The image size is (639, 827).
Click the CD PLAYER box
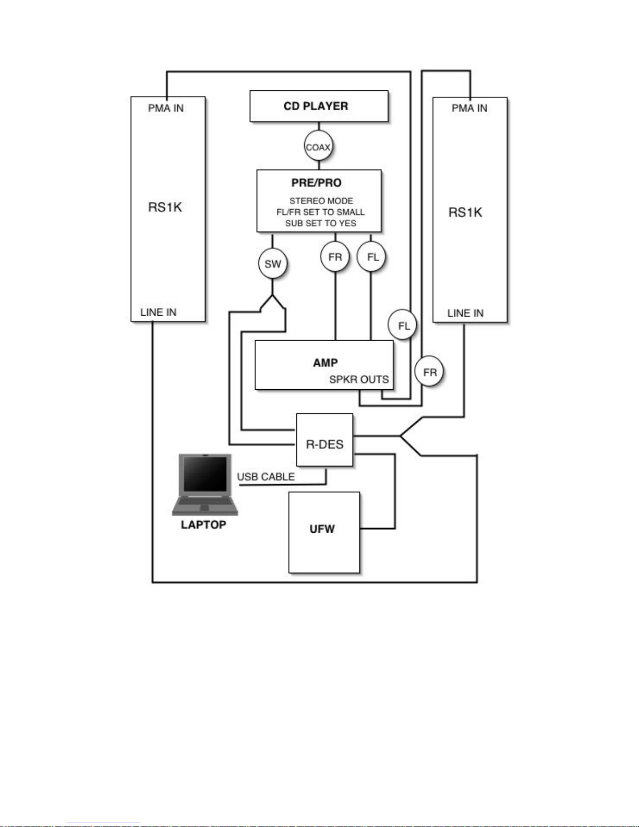319,106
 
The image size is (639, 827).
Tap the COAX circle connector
318,147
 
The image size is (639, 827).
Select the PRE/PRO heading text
316,183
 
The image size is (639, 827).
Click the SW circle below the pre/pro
273,263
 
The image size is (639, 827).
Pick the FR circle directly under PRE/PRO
335,257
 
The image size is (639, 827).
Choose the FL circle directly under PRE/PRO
371,257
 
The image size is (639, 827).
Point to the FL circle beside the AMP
402,326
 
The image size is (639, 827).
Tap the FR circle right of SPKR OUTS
429,371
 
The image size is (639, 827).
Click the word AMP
325,363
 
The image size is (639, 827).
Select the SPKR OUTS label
359,379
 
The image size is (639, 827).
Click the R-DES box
324,439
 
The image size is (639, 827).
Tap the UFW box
324,532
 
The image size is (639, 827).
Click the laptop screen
205,474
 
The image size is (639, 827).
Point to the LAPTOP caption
203,525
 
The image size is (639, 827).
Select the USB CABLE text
266,477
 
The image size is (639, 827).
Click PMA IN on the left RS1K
166,108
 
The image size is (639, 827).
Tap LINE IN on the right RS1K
465,313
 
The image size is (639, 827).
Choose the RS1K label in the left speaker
165,208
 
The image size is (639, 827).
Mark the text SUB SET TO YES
321,223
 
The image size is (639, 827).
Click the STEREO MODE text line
321,200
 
